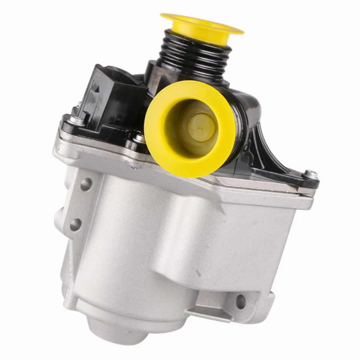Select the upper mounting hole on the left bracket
click(x=86, y=184)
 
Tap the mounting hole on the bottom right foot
click(x=240, y=301)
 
